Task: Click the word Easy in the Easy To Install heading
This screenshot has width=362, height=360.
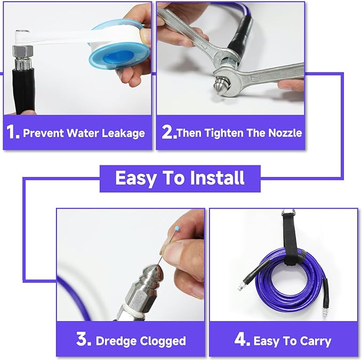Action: click(134, 178)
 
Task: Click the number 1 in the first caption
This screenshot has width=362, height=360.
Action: click(13, 132)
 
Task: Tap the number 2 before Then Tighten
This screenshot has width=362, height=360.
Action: click(168, 132)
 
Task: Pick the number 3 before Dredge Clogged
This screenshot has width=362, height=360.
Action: click(83, 340)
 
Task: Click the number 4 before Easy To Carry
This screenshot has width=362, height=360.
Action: click(242, 340)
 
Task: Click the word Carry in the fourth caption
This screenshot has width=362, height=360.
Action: click(313, 341)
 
